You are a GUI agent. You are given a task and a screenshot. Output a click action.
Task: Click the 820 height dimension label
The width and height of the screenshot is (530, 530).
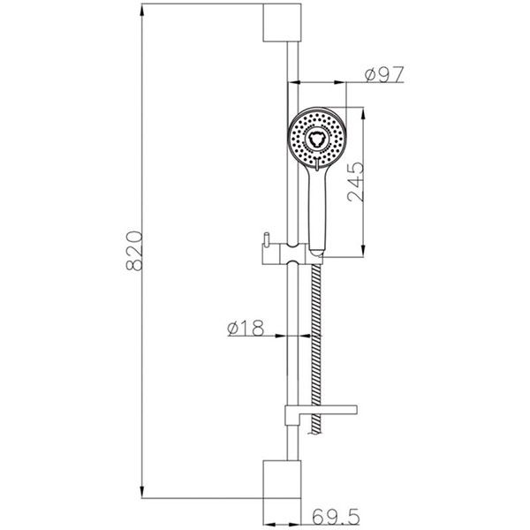tap(134, 251)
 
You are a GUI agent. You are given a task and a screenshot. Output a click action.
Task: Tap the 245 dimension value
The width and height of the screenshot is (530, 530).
tap(356, 182)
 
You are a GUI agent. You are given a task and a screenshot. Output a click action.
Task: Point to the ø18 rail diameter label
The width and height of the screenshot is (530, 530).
tap(246, 328)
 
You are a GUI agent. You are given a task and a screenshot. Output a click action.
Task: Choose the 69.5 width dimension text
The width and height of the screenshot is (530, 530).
tap(336, 516)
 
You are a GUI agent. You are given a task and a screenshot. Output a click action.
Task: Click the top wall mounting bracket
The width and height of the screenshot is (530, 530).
tap(282, 23)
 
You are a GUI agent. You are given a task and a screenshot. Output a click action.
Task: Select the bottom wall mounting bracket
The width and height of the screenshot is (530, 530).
tap(282, 479)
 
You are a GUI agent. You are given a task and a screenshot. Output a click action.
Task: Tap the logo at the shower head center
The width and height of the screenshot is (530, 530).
tap(316, 139)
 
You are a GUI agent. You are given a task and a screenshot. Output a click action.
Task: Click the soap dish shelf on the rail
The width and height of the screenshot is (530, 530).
tap(321, 413)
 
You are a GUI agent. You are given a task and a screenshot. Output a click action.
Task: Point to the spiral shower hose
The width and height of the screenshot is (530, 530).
tap(317, 348)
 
